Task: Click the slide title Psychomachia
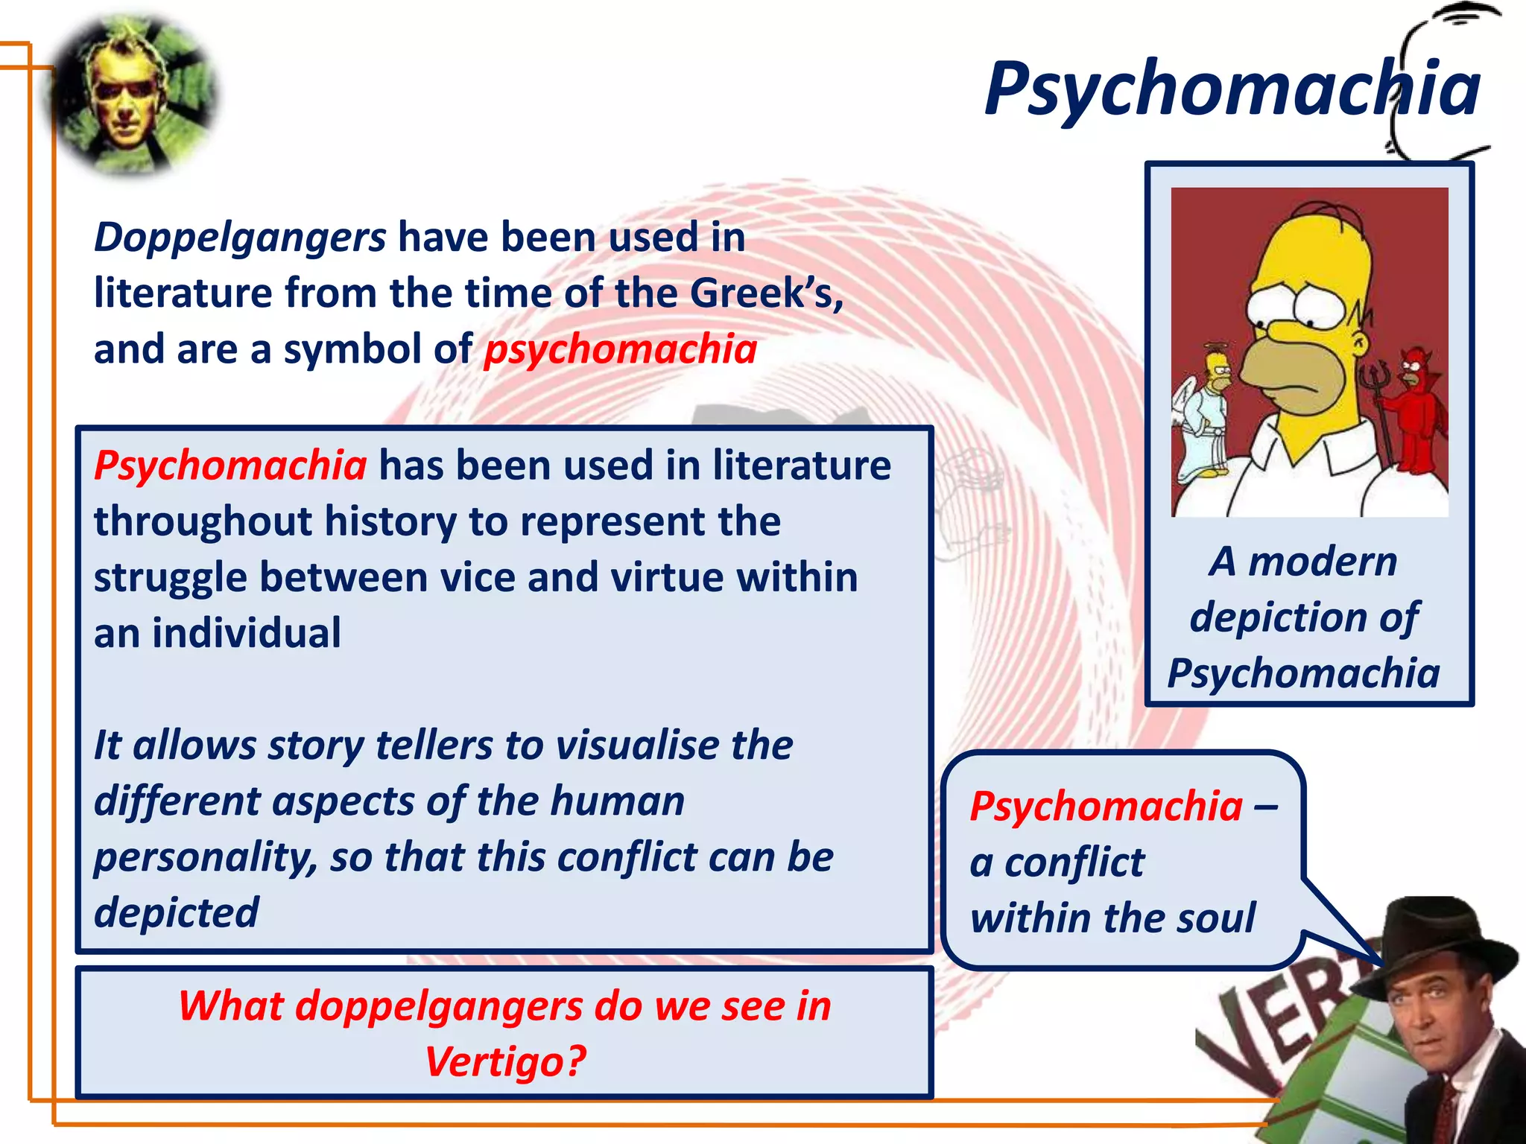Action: (1231, 89)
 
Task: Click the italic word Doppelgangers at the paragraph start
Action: (240, 238)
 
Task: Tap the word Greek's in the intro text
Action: (766, 293)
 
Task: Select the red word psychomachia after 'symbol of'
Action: (620, 349)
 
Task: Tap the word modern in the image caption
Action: (1323, 562)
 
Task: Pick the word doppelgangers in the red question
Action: (439, 1006)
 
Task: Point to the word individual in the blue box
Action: (247, 633)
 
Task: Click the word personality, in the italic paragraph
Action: (206, 857)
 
